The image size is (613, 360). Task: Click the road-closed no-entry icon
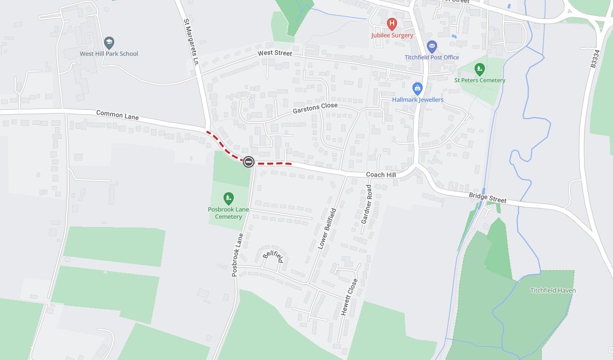click(249, 162)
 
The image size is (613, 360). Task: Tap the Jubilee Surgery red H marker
click(392, 23)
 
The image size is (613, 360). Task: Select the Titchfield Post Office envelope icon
click(432, 47)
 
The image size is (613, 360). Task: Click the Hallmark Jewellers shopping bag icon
click(417, 89)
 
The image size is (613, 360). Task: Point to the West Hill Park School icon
click(109, 42)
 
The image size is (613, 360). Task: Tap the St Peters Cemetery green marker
click(479, 69)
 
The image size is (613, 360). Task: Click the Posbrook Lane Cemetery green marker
click(228, 198)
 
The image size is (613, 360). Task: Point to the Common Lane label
click(117, 114)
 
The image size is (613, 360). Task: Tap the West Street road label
click(275, 53)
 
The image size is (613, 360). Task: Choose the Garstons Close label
click(315, 109)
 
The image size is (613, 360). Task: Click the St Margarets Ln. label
click(191, 42)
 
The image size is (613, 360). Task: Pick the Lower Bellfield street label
click(327, 228)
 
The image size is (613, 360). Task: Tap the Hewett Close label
click(349, 297)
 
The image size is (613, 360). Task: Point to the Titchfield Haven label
click(553, 291)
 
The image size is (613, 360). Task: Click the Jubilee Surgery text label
click(392, 36)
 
